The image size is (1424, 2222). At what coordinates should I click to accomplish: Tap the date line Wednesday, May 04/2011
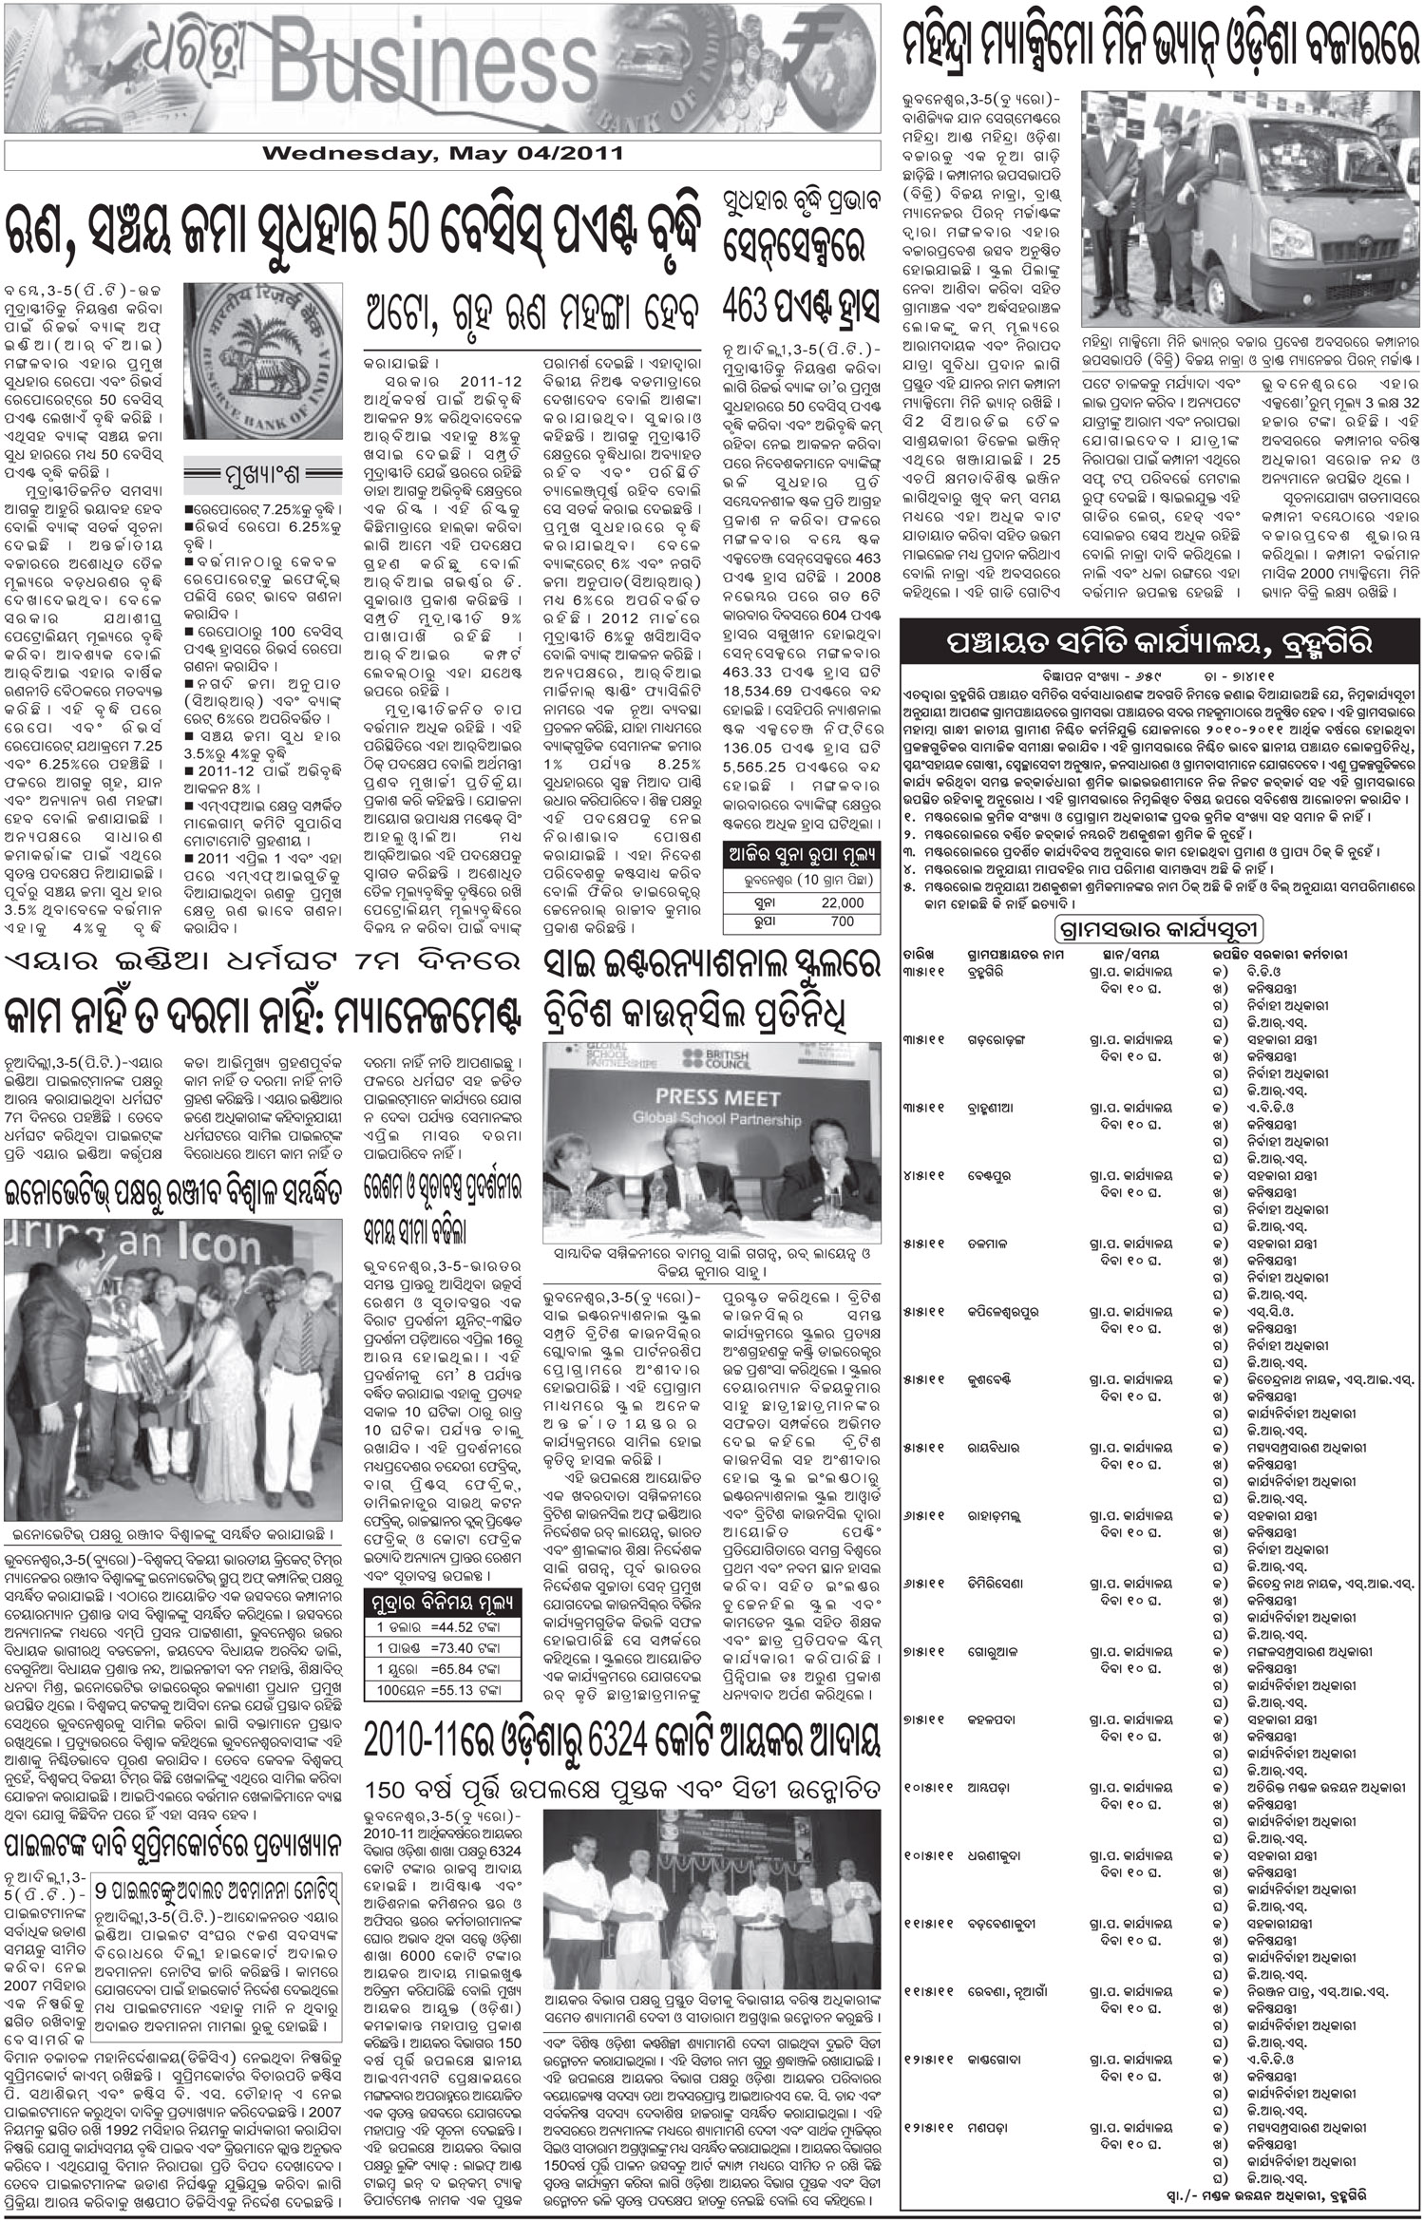442,153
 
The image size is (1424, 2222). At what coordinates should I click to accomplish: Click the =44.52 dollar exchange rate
466,1627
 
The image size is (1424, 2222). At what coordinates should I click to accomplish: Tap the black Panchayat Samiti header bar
1160,643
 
